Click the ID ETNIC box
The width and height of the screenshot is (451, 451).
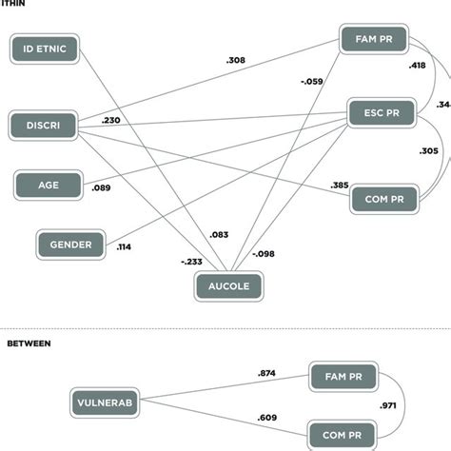46,49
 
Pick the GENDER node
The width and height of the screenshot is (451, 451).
71,245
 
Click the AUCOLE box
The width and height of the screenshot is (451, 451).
228,284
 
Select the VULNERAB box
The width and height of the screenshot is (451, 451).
105,402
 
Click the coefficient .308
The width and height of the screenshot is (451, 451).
237,61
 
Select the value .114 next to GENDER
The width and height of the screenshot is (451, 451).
125,247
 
